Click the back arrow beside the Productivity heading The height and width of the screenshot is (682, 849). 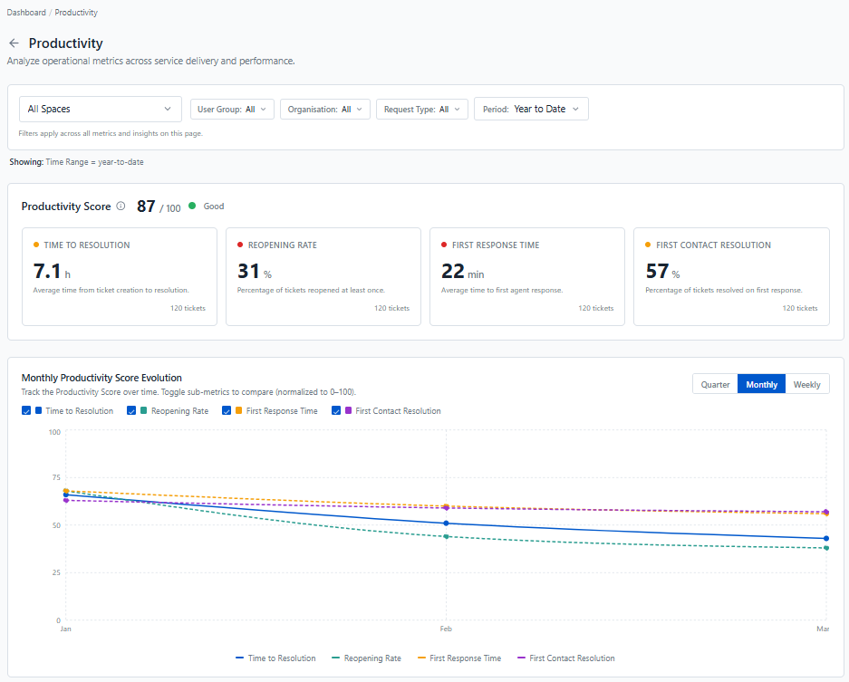pos(14,43)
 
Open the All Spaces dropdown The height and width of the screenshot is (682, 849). pos(101,109)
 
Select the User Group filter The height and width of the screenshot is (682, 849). pos(232,110)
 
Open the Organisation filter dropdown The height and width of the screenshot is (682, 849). pos(325,110)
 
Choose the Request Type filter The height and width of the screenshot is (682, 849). pos(422,110)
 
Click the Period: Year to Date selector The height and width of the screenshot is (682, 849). pos(531,109)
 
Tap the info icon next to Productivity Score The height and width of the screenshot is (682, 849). pos(121,207)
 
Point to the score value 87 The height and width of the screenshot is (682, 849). pos(146,207)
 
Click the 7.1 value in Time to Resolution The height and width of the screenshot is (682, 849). pos(47,271)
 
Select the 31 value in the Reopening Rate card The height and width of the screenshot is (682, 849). pos(248,271)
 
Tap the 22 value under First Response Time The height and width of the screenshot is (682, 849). pos(453,271)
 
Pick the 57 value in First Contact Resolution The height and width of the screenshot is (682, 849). pos(657,271)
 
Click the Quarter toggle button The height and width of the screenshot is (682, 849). pos(715,384)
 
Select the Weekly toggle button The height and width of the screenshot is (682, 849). pos(806,384)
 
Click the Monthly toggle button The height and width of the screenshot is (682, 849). pos(761,384)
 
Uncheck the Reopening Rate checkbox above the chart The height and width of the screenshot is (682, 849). pos(131,411)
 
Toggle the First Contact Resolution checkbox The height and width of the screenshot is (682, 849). pos(335,411)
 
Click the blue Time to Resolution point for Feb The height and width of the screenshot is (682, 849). pos(446,524)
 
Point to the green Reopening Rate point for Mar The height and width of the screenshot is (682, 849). pos(826,548)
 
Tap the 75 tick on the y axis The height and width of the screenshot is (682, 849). pos(56,477)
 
